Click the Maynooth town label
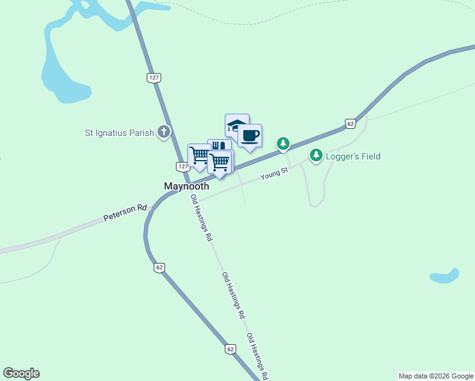coord(186,187)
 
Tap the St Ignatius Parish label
coord(119,133)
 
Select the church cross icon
coord(164,132)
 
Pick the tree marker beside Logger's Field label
coord(316,155)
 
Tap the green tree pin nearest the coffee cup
coord(283,144)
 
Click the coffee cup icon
coord(250,135)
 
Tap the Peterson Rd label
coord(125,213)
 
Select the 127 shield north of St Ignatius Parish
coord(154,77)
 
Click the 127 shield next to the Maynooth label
coord(182,166)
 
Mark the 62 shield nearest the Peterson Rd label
coord(159,267)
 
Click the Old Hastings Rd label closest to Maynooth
coord(201,218)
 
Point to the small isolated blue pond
coord(445,277)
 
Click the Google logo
coord(21,373)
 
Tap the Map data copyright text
coord(436,376)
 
